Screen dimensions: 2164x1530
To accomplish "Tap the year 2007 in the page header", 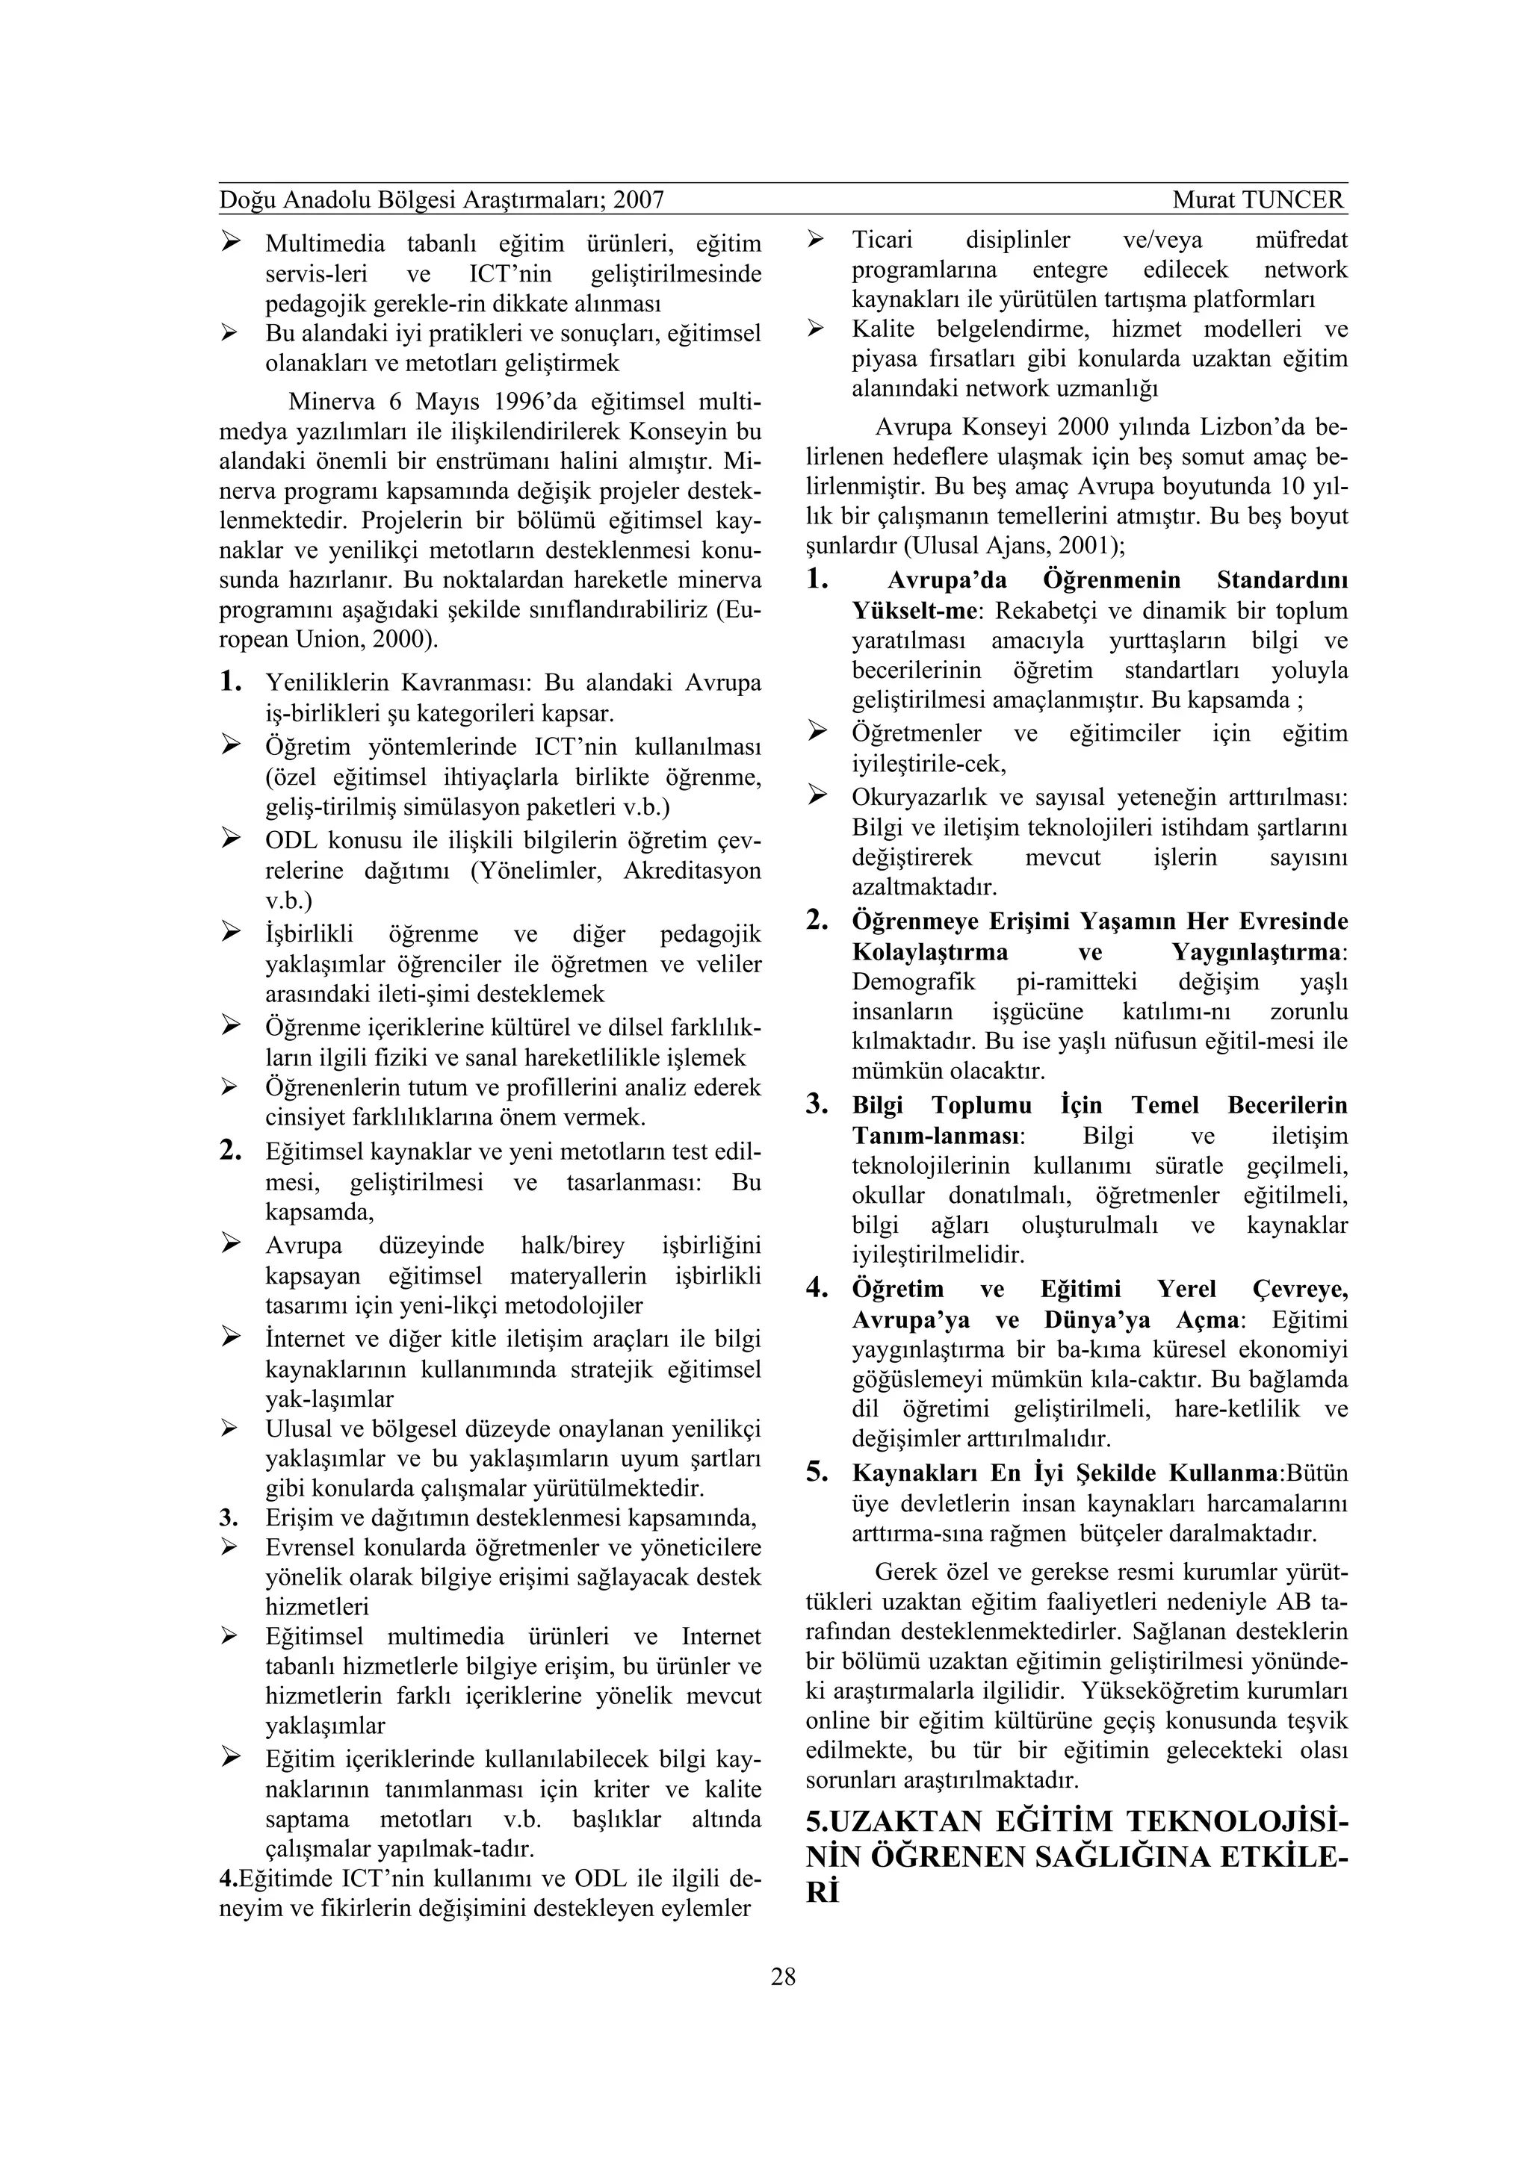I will (x=638, y=200).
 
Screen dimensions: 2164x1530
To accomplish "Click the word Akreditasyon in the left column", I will (x=692, y=870).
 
